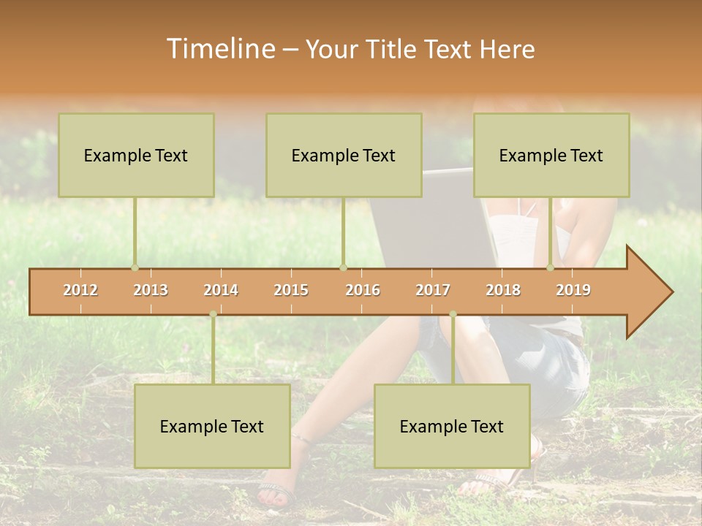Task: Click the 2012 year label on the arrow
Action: click(x=80, y=290)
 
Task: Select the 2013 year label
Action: click(x=151, y=290)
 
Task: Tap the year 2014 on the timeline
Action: click(x=221, y=290)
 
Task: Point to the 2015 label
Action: click(x=291, y=290)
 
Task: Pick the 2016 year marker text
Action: click(x=363, y=290)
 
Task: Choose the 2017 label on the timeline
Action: click(x=433, y=290)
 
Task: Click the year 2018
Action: click(x=503, y=290)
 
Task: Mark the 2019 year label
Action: click(x=573, y=290)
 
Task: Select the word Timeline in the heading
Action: click(x=219, y=49)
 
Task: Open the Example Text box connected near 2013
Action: click(x=136, y=155)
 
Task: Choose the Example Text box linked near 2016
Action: click(x=344, y=155)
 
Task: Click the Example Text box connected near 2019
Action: click(x=551, y=155)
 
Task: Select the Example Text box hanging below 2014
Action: click(x=212, y=426)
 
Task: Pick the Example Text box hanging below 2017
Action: click(x=452, y=426)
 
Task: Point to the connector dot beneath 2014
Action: click(x=213, y=314)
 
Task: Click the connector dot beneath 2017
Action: click(x=453, y=314)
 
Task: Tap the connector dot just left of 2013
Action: click(x=135, y=268)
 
